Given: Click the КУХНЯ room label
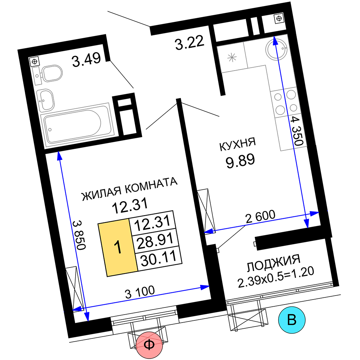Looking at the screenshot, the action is point(237,144).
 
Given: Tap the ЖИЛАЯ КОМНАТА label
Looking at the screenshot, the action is point(130,189).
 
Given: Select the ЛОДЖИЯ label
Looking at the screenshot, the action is point(274,263).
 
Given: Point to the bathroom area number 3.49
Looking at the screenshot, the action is point(86,60).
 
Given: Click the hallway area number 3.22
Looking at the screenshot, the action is point(189,42).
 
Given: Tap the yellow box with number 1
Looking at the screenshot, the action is point(118,248).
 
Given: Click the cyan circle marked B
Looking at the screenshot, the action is point(292,320).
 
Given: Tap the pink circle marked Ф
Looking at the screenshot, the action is point(149,345).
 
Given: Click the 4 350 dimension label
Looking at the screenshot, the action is point(297,131).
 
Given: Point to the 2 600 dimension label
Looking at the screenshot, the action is point(260,216).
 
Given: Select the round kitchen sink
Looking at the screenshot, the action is point(276,49).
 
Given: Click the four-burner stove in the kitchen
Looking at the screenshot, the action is point(285,103).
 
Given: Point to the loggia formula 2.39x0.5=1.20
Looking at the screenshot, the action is point(276,277).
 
